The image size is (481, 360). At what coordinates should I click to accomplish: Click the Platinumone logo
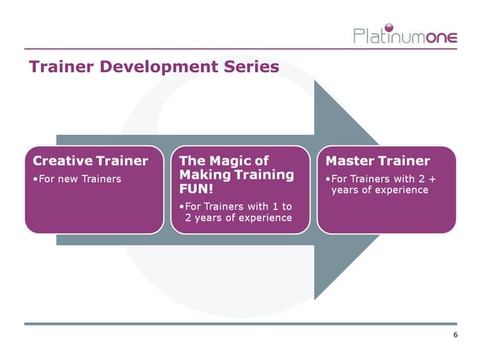(405, 35)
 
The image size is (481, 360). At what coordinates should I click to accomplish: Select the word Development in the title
(154, 67)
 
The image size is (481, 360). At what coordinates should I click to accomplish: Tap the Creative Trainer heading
(90, 160)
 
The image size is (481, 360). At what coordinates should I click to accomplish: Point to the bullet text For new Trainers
(78, 179)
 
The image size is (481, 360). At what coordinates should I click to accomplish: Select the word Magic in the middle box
(236, 160)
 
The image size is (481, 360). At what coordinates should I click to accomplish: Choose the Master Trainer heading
(377, 160)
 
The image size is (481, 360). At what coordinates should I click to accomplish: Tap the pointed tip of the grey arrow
(393, 188)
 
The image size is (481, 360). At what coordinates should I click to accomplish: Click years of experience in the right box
(379, 190)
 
